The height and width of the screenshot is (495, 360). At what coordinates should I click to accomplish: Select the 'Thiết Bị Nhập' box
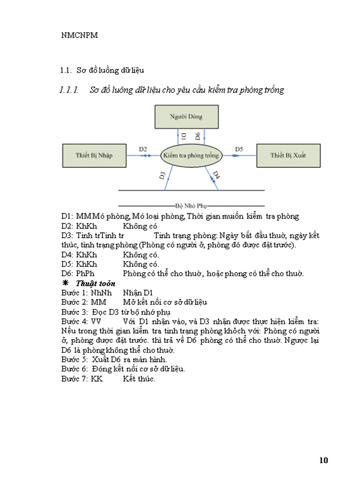(x=94, y=156)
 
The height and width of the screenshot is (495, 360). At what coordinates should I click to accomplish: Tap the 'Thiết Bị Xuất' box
(x=289, y=156)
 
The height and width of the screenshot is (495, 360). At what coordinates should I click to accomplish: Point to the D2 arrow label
(x=143, y=149)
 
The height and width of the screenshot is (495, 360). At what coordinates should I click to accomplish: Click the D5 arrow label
(x=239, y=149)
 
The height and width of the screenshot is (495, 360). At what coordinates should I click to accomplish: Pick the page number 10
(x=323, y=461)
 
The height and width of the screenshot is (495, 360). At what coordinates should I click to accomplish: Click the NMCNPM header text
(x=79, y=36)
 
